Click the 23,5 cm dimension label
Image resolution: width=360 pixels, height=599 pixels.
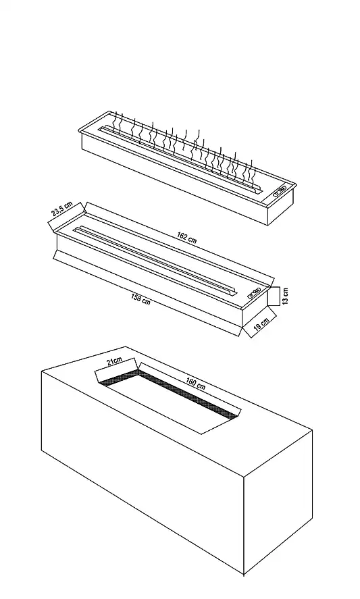(62, 209)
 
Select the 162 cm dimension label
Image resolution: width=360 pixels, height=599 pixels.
(187, 237)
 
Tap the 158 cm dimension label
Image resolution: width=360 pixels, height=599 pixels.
(140, 298)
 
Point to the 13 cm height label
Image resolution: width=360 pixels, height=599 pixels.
(285, 296)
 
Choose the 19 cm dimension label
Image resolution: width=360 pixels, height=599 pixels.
(261, 323)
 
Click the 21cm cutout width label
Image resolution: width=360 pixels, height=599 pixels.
(114, 361)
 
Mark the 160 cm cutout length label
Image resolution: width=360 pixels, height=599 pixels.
(196, 383)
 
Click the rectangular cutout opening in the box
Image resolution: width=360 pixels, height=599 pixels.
(168, 397)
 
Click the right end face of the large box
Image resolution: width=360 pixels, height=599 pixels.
(278, 500)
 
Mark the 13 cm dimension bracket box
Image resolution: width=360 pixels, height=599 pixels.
(274, 296)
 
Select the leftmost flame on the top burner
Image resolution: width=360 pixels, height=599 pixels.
(114, 122)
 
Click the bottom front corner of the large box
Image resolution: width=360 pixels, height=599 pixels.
(243, 575)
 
